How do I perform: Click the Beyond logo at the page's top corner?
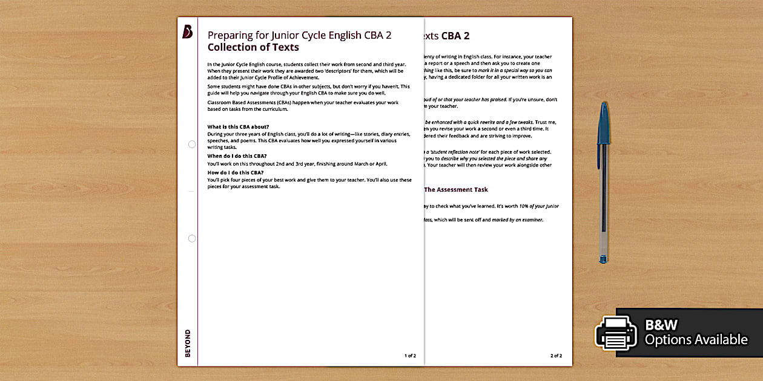tap(187, 32)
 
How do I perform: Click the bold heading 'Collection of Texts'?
tap(253, 47)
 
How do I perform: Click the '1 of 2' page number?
tap(410, 356)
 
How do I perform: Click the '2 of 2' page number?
tap(556, 356)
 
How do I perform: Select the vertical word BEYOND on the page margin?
tap(187, 343)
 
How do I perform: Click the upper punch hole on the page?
tap(192, 144)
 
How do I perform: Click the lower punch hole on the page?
tap(192, 238)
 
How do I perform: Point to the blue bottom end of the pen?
tap(603, 258)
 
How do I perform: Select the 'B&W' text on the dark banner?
tap(661, 324)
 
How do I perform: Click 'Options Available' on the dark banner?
tap(696, 340)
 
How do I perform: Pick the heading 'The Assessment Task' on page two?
tap(455, 189)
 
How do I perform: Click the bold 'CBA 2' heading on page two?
tap(455, 36)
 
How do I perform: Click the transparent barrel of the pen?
tap(603, 200)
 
